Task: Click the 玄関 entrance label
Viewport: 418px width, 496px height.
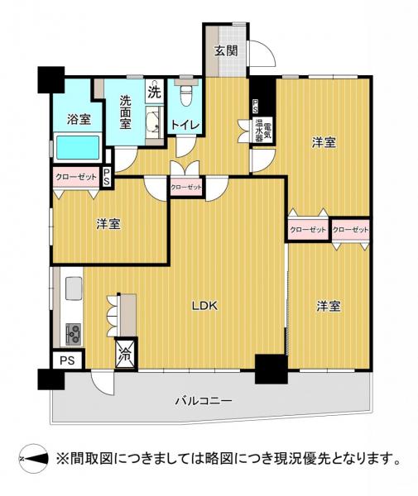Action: (x=225, y=51)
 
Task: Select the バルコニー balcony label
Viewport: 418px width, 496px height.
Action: (x=203, y=401)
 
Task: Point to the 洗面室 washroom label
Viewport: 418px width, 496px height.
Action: (x=125, y=112)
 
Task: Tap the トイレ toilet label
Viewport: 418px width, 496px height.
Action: (x=185, y=125)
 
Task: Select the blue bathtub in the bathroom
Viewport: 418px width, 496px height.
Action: (x=78, y=149)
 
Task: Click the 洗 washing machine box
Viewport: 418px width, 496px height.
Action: (x=154, y=91)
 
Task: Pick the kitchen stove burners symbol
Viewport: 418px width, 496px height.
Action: (x=72, y=333)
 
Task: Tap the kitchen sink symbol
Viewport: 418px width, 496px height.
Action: (x=71, y=289)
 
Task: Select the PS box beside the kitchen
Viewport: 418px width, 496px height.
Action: (x=67, y=360)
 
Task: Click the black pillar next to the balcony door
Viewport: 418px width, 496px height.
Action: (x=270, y=369)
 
